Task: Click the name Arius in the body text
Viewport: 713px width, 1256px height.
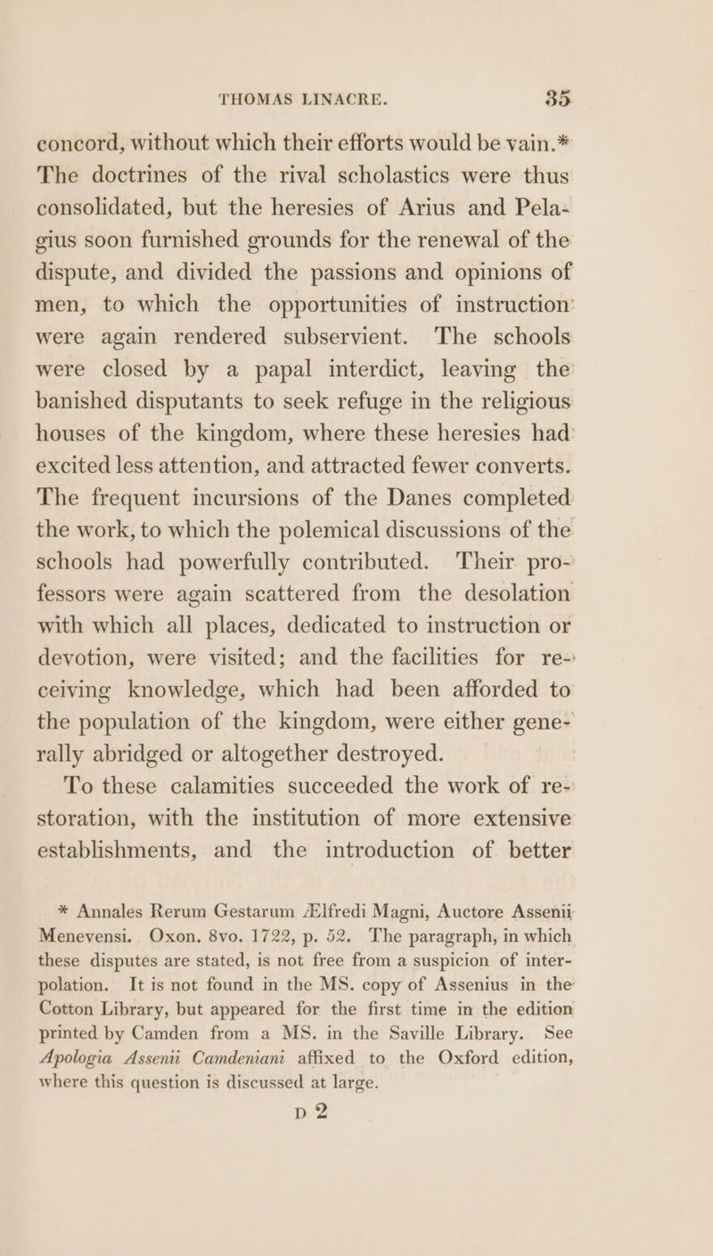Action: coord(470,169)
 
